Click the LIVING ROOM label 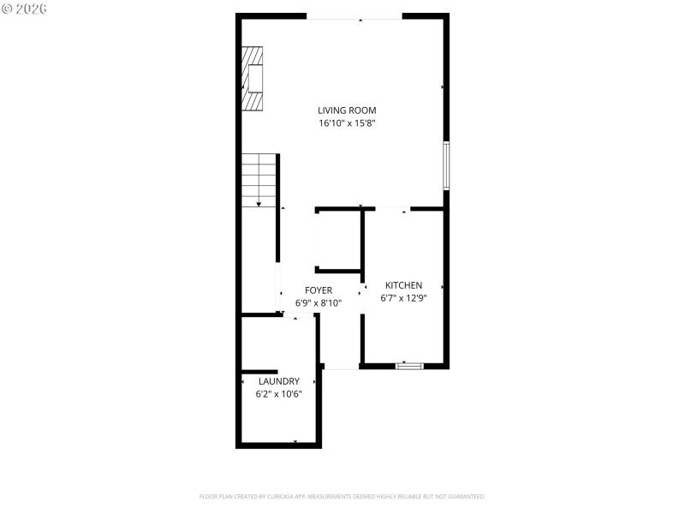pyautogui.click(x=347, y=111)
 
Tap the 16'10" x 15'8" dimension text pyautogui.click(x=347, y=123)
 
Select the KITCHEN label pyautogui.click(x=403, y=285)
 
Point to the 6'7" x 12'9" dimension pyautogui.click(x=403, y=298)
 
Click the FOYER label pyautogui.click(x=319, y=290)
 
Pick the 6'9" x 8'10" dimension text pyautogui.click(x=319, y=303)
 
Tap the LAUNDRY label pyautogui.click(x=278, y=381)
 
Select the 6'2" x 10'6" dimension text pyautogui.click(x=278, y=394)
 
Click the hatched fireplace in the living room pyautogui.click(x=252, y=78)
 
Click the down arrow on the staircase pyautogui.click(x=259, y=203)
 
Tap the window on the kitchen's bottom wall pyautogui.click(x=409, y=366)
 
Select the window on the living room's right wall pyautogui.click(x=446, y=165)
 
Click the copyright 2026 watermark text pyautogui.click(x=24, y=9)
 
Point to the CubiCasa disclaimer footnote pyautogui.click(x=342, y=497)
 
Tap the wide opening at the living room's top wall pyautogui.click(x=354, y=17)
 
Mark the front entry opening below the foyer pyautogui.click(x=341, y=368)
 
